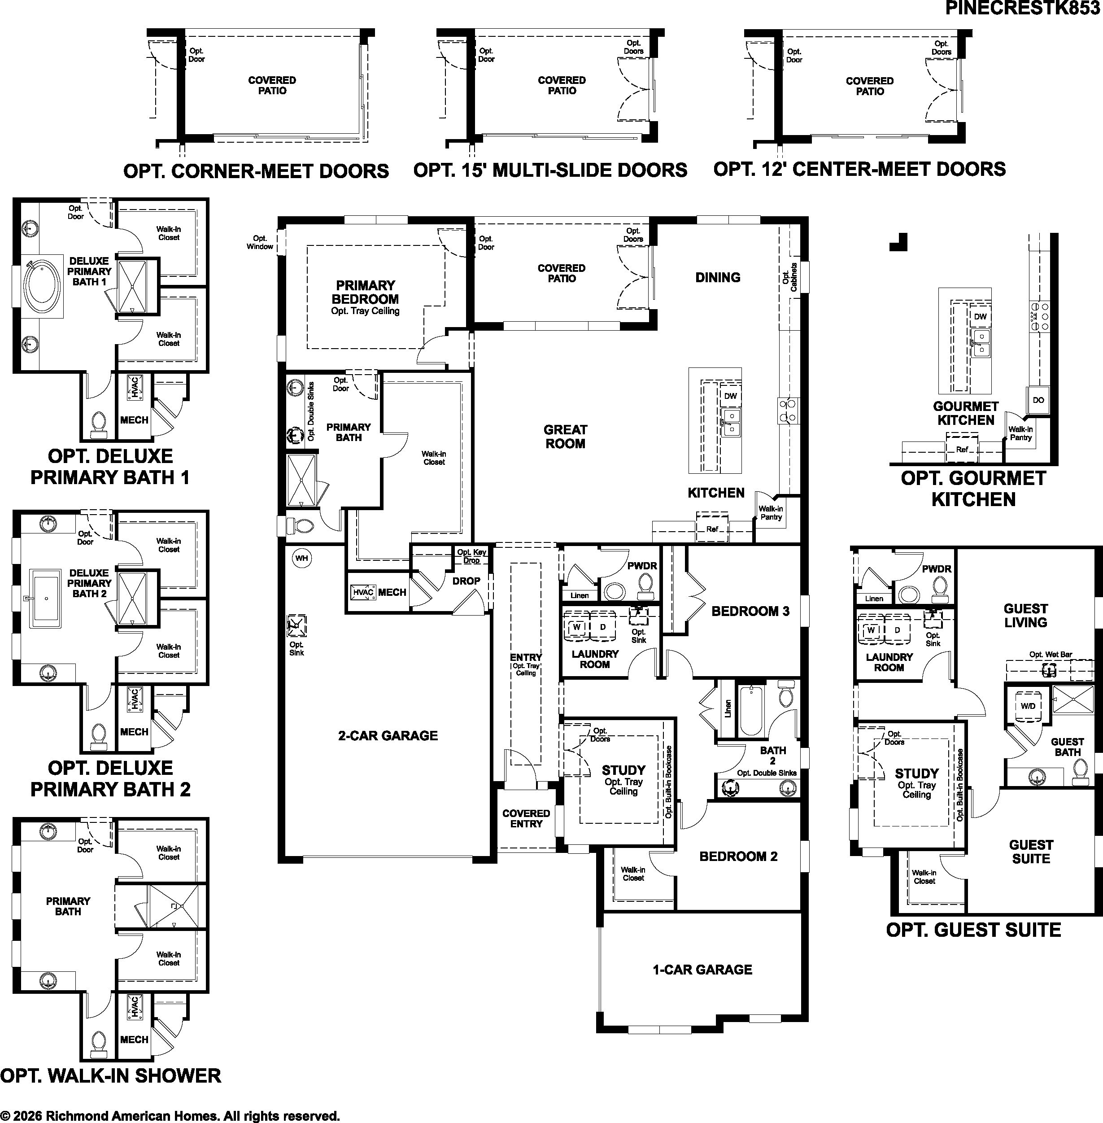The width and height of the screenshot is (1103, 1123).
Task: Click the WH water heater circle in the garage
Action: point(301,558)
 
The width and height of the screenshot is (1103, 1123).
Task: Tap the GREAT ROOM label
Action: point(565,437)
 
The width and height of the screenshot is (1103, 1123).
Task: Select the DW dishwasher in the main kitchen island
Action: point(731,396)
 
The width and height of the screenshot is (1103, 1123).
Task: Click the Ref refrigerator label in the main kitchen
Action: point(712,529)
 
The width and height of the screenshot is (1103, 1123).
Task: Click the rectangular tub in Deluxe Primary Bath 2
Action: point(45,598)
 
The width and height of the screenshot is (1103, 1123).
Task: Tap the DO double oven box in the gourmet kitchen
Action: point(1038,400)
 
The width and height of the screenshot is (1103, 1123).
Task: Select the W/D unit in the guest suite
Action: point(1028,706)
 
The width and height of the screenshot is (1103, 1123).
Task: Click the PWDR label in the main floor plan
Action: point(642,566)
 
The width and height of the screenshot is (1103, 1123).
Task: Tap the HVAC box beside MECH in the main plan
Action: point(363,592)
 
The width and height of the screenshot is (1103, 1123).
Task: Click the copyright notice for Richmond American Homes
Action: point(170,1115)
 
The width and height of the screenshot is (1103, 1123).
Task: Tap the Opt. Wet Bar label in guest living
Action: point(1050,654)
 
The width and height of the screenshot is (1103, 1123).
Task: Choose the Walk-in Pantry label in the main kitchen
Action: point(771,513)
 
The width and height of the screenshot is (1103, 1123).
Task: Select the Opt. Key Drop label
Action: point(471,556)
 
